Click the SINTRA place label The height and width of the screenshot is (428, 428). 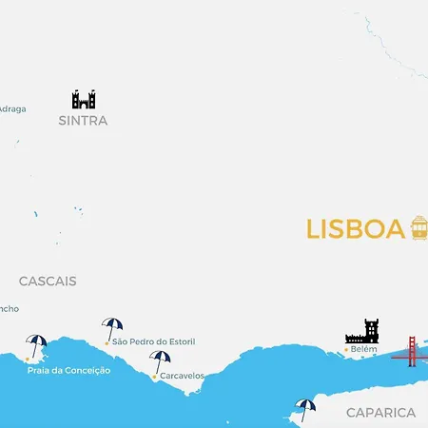click(83, 121)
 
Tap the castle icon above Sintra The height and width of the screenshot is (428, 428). click(84, 99)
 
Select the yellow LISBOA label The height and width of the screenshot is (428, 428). click(356, 230)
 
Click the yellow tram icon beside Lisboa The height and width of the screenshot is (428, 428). click(418, 228)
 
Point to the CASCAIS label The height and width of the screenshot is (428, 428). click(48, 282)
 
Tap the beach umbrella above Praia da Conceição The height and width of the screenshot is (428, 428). click(36, 345)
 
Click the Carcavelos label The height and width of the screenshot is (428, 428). click(182, 376)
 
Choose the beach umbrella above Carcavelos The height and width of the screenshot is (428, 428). click(160, 361)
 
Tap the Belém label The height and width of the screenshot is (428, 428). click(364, 350)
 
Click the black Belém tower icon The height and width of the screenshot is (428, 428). click(362, 331)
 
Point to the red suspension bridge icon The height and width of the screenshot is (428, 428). click(412, 351)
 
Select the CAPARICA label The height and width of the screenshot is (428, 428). click(381, 413)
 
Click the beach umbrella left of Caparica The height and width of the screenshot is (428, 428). click(304, 409)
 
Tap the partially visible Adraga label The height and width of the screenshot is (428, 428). click(12, 108)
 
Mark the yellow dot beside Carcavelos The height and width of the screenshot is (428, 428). click(154, 377)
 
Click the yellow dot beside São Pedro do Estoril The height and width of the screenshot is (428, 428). click(107, 342)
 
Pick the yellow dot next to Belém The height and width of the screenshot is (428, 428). click(346, 351)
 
